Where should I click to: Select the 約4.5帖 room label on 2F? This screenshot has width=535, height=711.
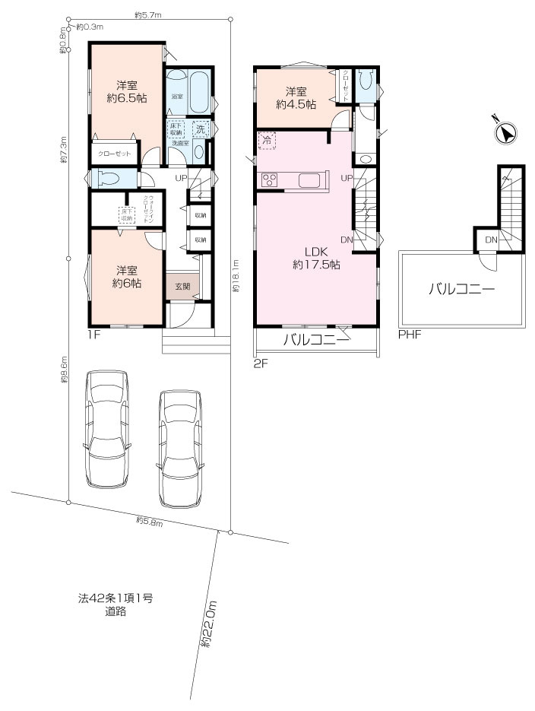click(296, 104)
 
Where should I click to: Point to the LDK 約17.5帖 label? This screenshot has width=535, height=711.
click(315, 259)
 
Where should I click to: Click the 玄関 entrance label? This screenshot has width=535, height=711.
click(183, 287)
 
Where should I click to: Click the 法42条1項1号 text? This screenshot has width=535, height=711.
click(116, 598)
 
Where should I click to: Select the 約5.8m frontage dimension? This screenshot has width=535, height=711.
click(149, 520)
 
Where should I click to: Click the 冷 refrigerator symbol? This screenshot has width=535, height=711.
click(267, 140)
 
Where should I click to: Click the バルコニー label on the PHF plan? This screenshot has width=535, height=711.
click(461, 289)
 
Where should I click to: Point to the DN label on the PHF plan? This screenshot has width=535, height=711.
click(491, 240)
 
